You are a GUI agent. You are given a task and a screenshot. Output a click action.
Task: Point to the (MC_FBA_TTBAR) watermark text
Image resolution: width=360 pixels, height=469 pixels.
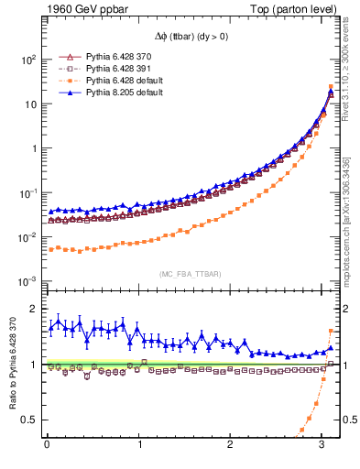(x=189, y=274)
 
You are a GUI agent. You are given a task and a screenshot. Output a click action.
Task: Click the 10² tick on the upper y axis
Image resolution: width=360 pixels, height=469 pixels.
(x=27, y=60)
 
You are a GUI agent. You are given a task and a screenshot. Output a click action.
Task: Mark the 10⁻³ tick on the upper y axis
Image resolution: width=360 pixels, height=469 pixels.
(x=27, y=281)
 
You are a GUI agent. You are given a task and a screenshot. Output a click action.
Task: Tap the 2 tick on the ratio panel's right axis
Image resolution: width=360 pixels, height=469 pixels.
(x=347, y=309)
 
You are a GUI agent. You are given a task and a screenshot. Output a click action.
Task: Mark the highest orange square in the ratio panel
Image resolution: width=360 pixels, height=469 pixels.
(x=331, y=331)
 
